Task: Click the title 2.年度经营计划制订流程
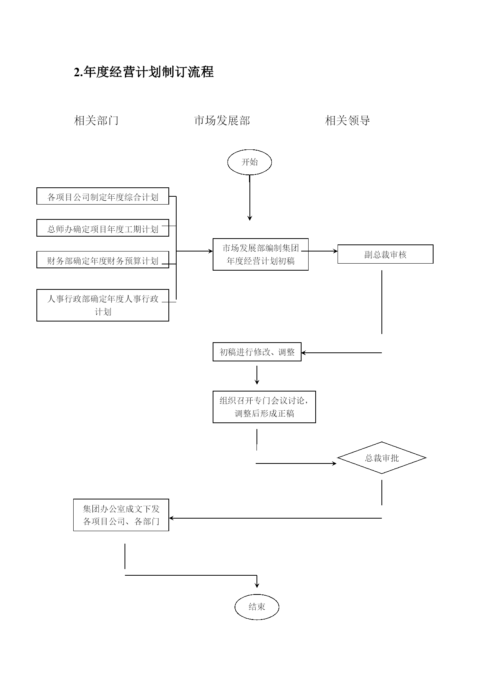pos(144,72)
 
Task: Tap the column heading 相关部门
pos(96,120)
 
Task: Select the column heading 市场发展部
pos(222,120)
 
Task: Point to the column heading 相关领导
pos(348,120)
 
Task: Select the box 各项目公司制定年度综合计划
pos(103,196)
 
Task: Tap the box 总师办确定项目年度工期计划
pos(103,228)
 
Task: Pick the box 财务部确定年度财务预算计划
pos(103,260)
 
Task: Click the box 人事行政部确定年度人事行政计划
pos(103,305)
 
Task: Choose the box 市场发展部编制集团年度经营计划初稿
pos(260,254)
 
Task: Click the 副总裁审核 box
pos(385,254)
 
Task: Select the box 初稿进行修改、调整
pos(257,352)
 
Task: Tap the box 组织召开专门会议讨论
pos(264,407)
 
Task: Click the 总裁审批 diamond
pos(382,458)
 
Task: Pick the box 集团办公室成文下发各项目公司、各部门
pos(121,515)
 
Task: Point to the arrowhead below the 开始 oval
pos(249,218)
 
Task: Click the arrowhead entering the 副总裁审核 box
pos(335,251)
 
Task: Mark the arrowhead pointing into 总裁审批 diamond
pos(334,463)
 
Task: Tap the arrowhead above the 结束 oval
pos(257,585)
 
